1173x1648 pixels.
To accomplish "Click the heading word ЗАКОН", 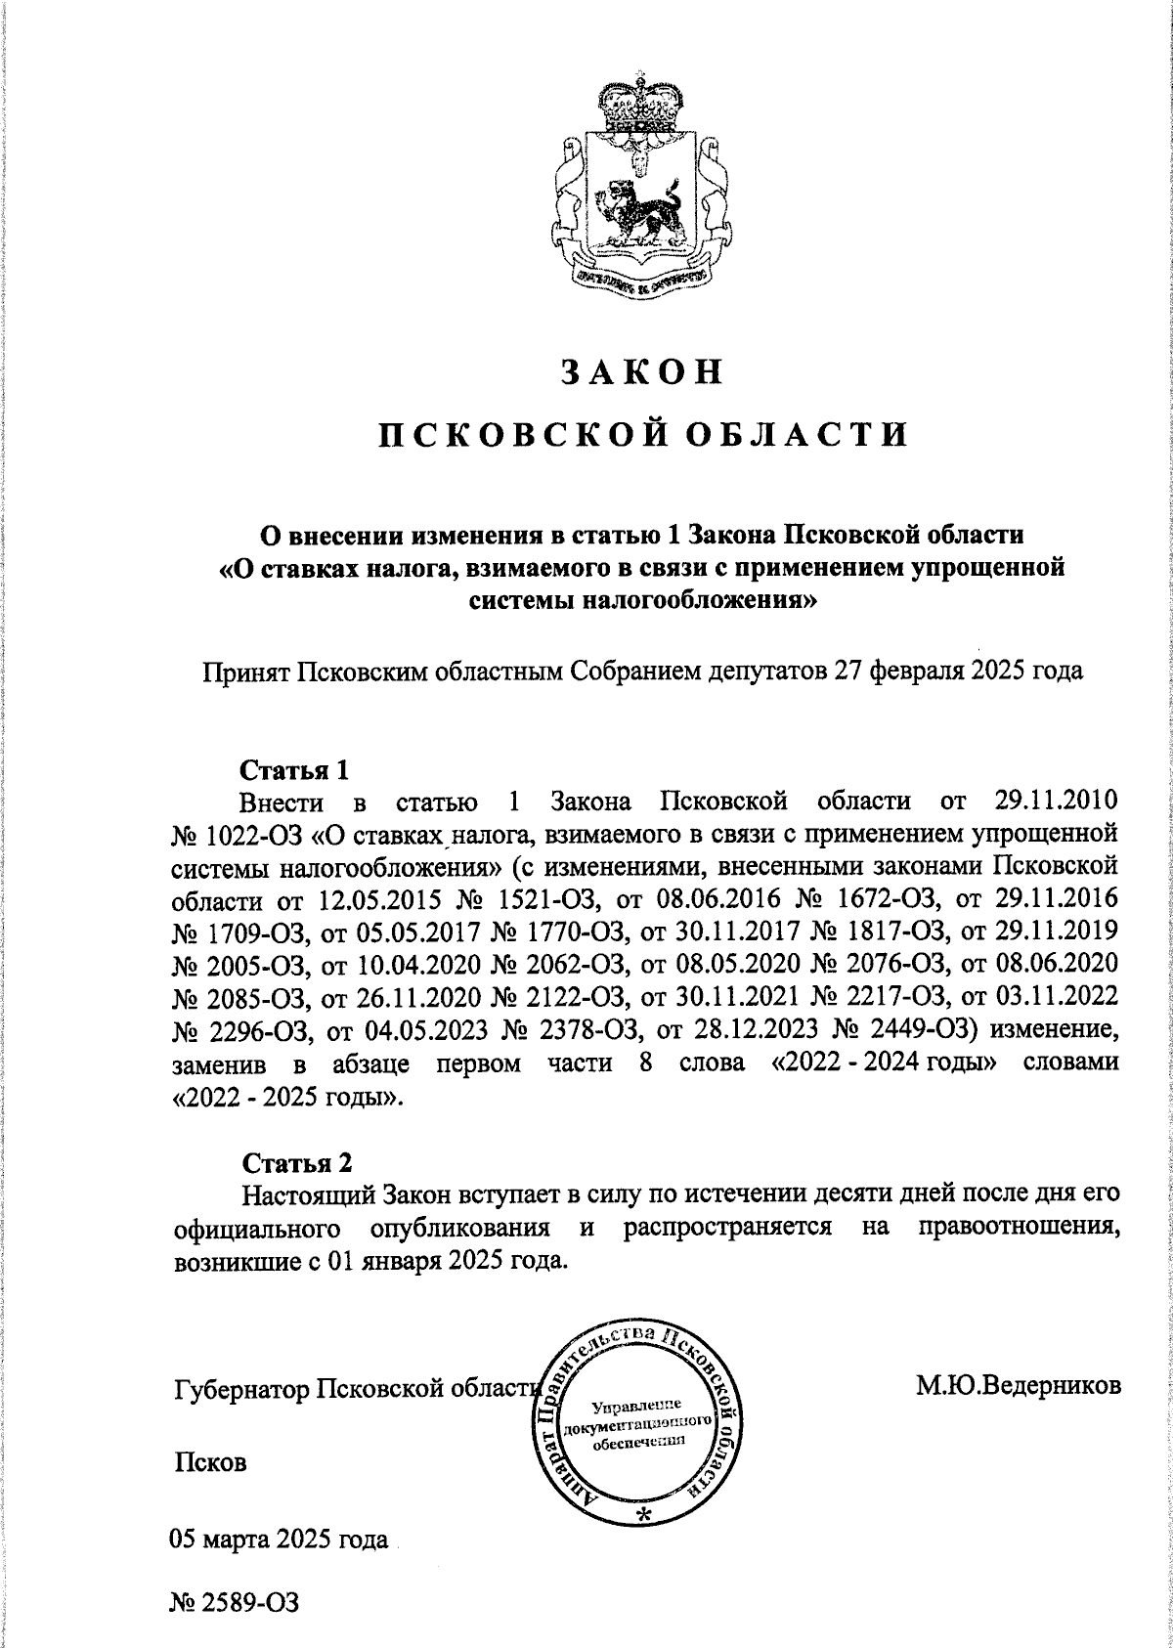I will coord(641,371).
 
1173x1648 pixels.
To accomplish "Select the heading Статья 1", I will coord(294,769).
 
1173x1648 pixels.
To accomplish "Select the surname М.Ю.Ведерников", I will coord(1017,1385).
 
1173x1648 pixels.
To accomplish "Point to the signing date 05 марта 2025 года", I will coord(280,1540).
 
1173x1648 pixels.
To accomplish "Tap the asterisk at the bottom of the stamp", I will coord(642,1514).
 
